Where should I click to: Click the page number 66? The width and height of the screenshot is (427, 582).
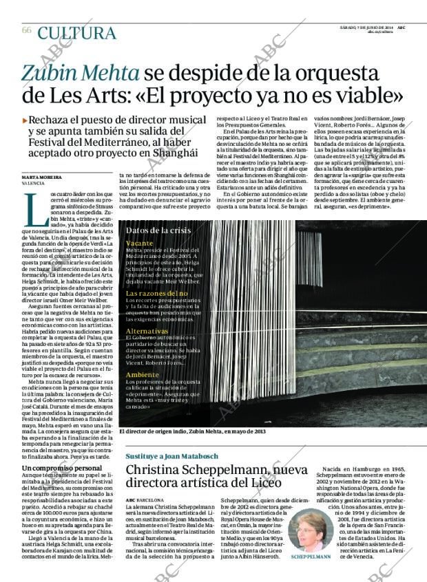tap(27, 30)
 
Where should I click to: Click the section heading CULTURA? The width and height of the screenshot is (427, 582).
tap(76, 32)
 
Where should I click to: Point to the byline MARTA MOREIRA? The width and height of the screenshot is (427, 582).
tap(42, 177)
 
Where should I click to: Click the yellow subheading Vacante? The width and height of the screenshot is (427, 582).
tap(140, 244)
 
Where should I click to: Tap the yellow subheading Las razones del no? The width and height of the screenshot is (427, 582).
tap(156, 294)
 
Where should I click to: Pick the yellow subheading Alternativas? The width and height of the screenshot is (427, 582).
tap(147, 331)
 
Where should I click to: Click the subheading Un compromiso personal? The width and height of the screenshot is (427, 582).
tap(62, 468)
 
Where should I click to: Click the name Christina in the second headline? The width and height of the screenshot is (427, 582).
tap(158, 471)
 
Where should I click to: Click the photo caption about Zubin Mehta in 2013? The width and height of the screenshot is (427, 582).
tap(192, 431)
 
